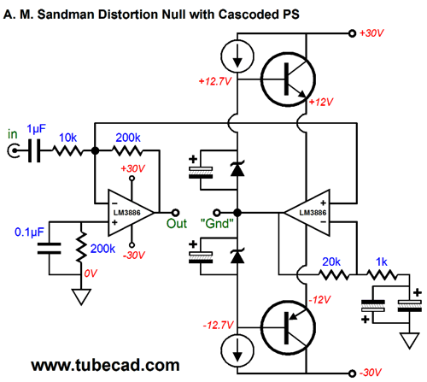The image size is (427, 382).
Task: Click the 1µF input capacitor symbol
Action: pyautogui.click(x=34, y=150)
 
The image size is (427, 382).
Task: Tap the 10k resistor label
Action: pyautogui.click(x=67, y=138)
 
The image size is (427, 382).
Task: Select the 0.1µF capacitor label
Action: pyautogui.click(x=29, y=232)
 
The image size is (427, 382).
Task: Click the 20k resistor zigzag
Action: pyautogui.click(x=334, y=274)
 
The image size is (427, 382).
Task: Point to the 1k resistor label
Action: pyautogui.click(x=382, y=262)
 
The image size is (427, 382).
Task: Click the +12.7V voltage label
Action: pyautogui.click(x=215, y=81)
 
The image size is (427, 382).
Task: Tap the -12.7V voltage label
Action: pyautogui.click(x=218, y=325)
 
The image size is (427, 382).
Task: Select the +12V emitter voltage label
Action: pyautogui.click(x=321, y=102)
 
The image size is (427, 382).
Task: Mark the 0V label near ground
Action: pyautogui.click(x=91, y=273)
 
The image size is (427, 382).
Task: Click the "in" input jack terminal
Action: pyautogui.click(x=14, y=150)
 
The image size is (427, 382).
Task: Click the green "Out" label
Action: pyautogui.click(x=177, y=224)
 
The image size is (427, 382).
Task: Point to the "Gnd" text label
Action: pyautogui.click(x=217, y=224)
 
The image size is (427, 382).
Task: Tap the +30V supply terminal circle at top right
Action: pyautogui.click(x=352, y=33)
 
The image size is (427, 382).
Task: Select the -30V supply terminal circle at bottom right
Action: pyautogui.click(x=352, y=373)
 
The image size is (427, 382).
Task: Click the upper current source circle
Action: pyautogui.click(x=237, y=56)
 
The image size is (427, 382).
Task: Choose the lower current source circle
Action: pyautogui.click(x=237, y=350)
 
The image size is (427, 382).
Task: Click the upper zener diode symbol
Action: pyautogui.click(x=237, y=168)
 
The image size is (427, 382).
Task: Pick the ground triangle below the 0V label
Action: pyautogui.click(x=81, y=297)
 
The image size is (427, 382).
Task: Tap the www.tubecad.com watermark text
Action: pyautogui.click(x=105, y=366)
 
